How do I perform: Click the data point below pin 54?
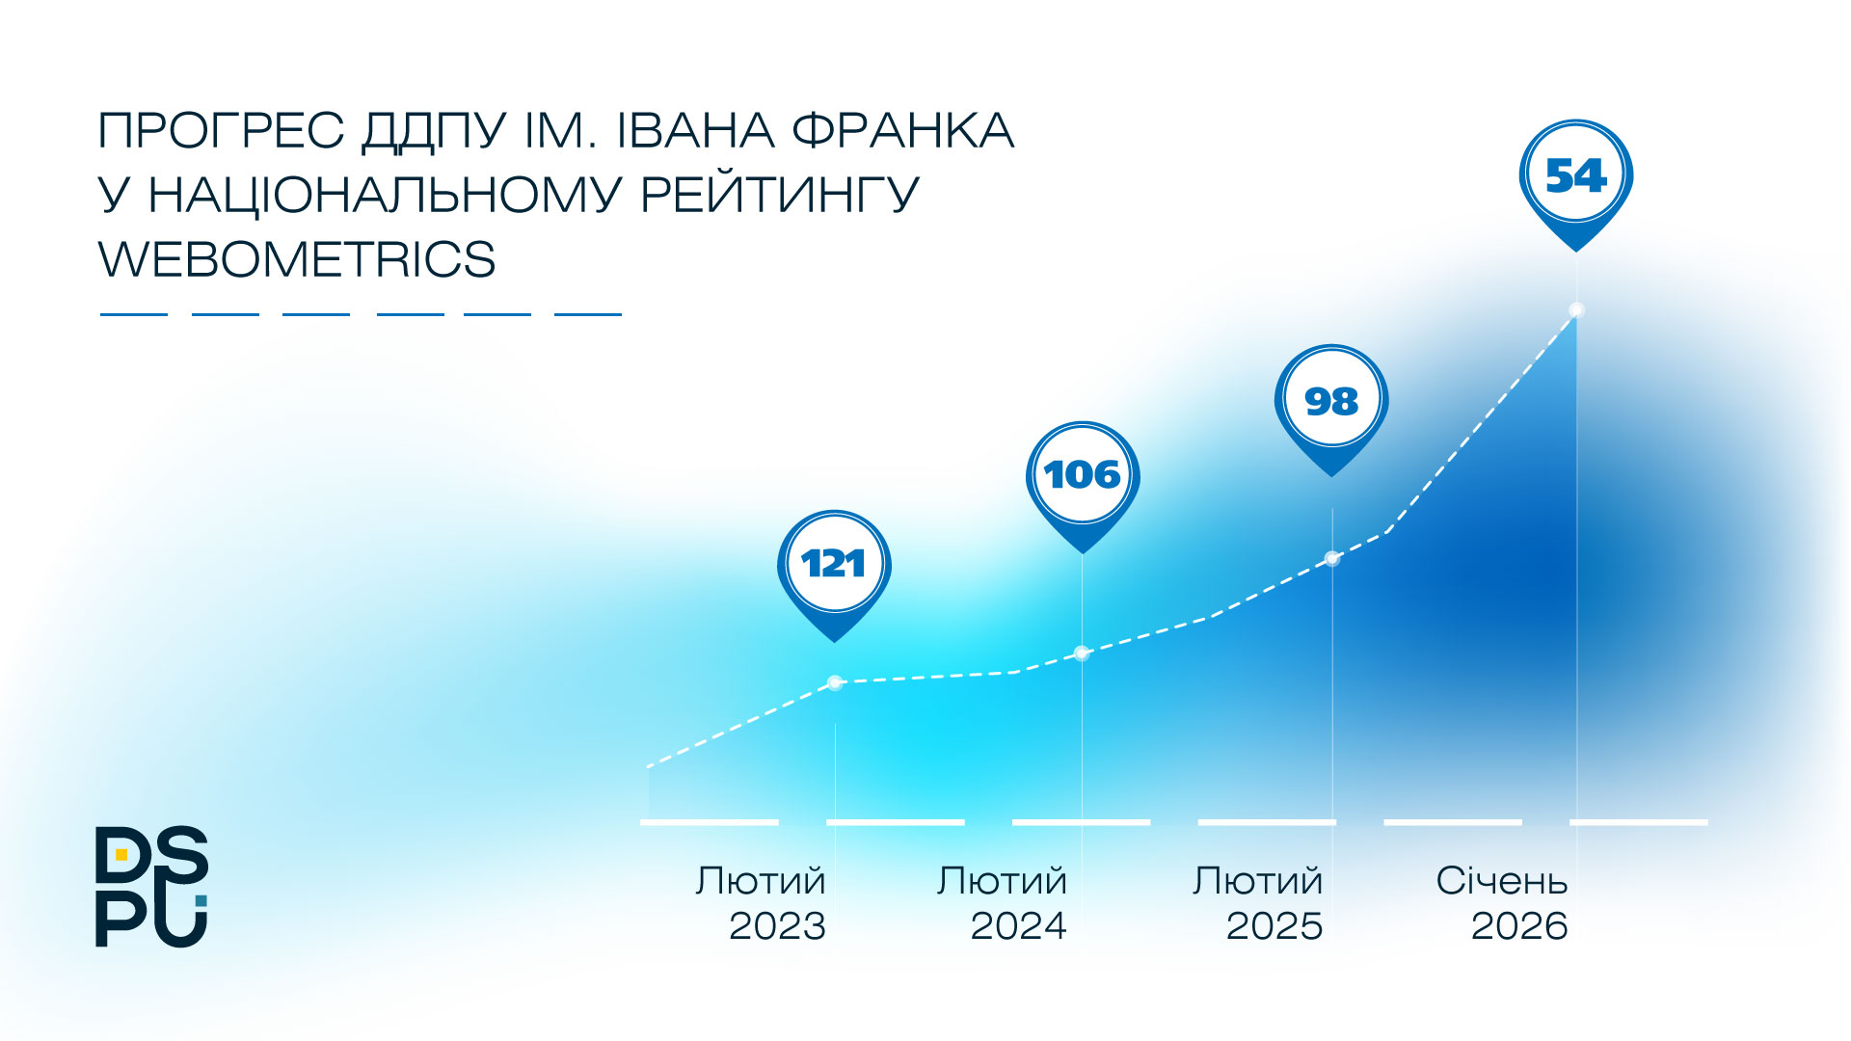coord(1577,310)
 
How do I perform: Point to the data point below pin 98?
coord(1332,558)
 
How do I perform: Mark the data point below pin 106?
coord(1082,654)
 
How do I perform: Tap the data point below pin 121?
coord(835,683)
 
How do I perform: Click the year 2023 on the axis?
coord(777,926)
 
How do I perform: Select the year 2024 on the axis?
coord(1018,926)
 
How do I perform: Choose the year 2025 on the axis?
coord(1274,926)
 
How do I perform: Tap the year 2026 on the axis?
coord(1519,926)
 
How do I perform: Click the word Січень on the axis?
coord(1502,880)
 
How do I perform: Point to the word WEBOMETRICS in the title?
coord(297,259)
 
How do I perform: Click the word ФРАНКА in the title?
coord(902,130)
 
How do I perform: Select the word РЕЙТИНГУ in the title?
coord(780,195)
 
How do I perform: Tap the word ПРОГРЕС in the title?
coord(222,130)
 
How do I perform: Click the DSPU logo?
coord(151,887)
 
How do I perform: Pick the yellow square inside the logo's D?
coord(121,854)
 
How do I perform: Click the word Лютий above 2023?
coord(761,881)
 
